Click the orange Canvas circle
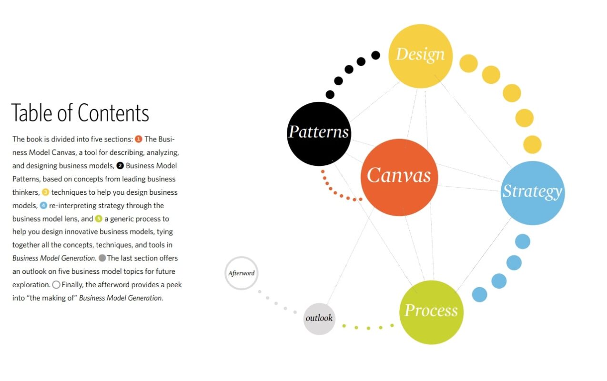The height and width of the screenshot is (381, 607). coord(399,177)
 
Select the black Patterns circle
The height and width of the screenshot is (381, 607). coord(319,134)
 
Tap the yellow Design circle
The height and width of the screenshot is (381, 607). coord(421,56)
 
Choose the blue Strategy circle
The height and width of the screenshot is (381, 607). coord(533,193)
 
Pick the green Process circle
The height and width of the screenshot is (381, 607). coord(431,312)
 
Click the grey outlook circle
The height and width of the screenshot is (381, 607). coord(319,319)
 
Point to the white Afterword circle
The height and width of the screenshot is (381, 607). coord(242,273)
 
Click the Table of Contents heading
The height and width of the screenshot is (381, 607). coord(80,113)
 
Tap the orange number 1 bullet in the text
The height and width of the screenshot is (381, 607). coord(139,139)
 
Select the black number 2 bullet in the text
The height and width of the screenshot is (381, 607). coord(120,165)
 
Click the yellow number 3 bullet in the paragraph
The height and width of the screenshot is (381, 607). coord(46,192)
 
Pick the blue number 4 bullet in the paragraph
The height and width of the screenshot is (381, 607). coord(43,205)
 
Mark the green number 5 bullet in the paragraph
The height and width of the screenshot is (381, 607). coord(99,219)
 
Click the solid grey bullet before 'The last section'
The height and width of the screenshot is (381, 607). coord(102,258)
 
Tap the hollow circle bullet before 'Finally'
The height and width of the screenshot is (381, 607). coord(56,285)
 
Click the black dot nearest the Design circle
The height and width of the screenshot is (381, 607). coord(375,55)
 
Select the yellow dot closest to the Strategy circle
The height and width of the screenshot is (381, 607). coord(532,145)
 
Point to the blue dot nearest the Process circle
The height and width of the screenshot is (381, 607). coord(480,294)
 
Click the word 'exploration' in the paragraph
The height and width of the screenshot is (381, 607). coord(30,285)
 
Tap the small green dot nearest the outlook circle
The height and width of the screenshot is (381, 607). coord(344,326)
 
